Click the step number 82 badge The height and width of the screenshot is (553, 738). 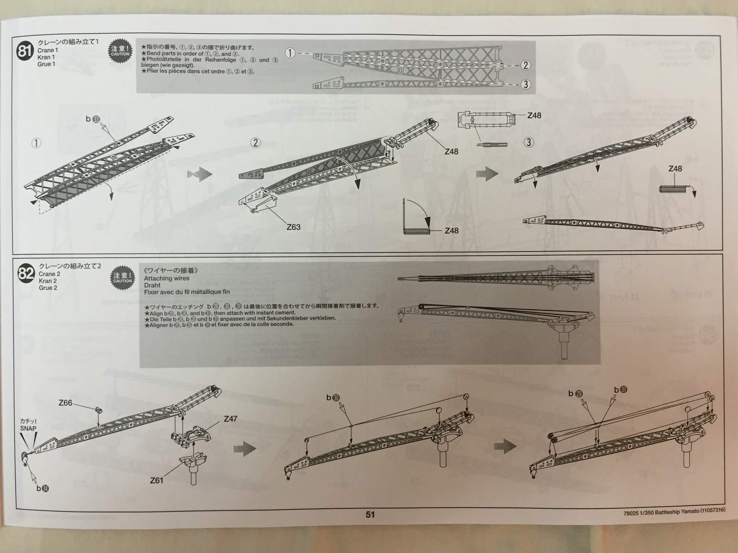point(26,274)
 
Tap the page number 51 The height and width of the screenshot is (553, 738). point(370,515)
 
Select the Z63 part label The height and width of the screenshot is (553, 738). point(293,227)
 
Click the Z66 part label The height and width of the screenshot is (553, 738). point(65,402)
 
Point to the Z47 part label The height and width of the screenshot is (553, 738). point(231,419)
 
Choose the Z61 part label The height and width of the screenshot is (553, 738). point(157,480)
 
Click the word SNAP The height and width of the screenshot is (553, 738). point(28,428)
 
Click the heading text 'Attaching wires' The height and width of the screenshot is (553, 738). point(167,278)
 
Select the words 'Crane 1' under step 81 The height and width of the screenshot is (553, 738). point(48,50)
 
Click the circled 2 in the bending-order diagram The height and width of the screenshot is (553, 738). point(525,65)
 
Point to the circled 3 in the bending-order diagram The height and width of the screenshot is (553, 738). point(525,84)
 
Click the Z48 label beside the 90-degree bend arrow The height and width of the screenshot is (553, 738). point(452,230)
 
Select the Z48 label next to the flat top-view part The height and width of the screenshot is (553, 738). point(534,116)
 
